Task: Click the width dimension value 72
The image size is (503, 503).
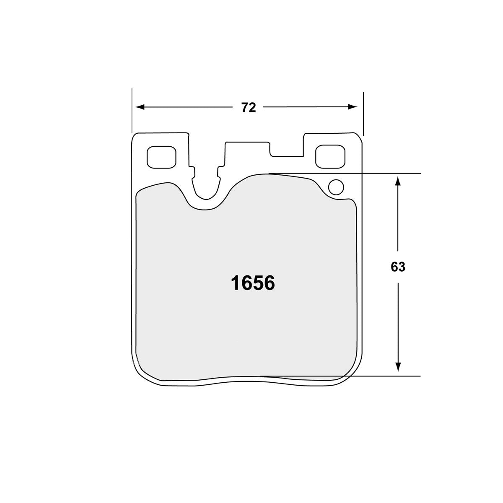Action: (248, 108)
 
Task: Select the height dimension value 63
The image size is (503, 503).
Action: (398, 267)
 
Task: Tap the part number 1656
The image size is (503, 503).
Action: (253, 284)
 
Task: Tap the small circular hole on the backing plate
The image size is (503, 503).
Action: (336, 187)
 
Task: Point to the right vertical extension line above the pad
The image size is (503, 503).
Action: (363, 113)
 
